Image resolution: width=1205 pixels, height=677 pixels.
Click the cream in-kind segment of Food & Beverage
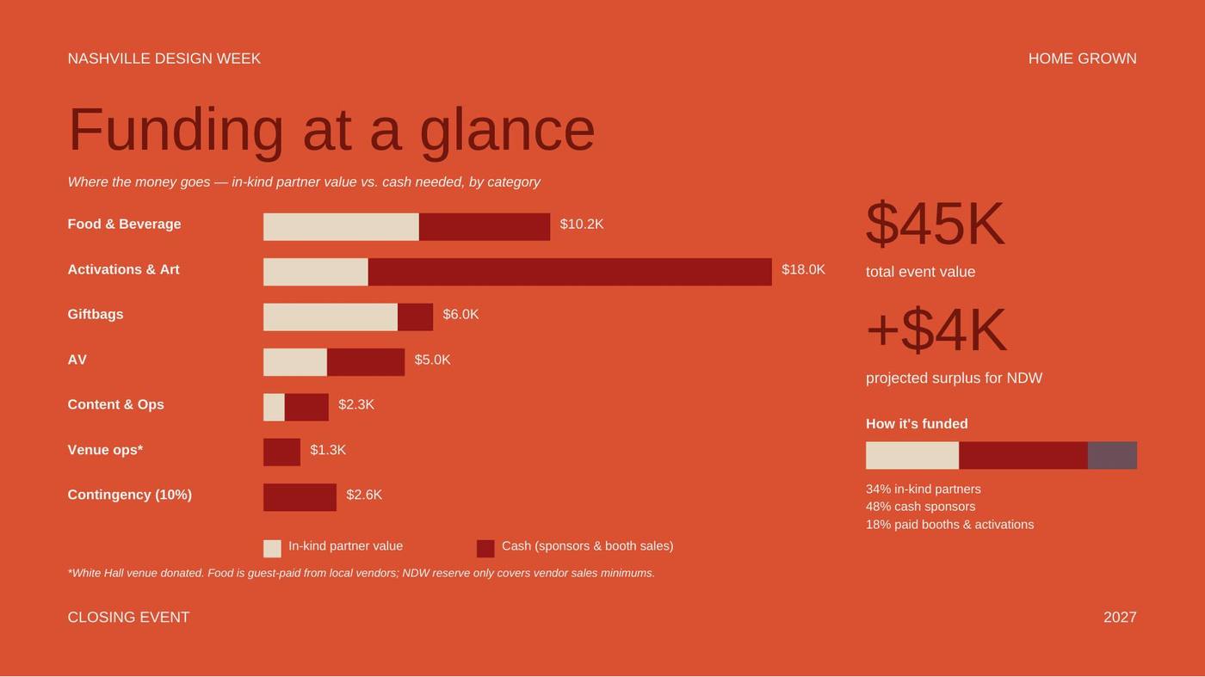click(341, 226)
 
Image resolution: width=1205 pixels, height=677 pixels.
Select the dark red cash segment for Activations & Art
click(570, 272)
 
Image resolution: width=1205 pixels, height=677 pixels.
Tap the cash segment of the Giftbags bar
click(415, 317)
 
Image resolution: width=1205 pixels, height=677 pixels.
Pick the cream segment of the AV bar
click(295, 362)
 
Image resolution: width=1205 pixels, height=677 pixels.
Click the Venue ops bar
click(282, 452)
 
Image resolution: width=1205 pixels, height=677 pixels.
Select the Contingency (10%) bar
click(300, 497)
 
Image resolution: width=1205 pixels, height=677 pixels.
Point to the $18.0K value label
click(803, 269)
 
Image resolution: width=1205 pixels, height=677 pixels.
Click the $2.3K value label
click(356, 404)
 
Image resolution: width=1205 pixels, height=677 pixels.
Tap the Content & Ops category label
click(115, 404)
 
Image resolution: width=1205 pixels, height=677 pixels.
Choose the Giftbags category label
click(96, 315)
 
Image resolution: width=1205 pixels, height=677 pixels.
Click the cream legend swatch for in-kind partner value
click(272, 549)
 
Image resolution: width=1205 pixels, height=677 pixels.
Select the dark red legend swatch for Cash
click(485, 549)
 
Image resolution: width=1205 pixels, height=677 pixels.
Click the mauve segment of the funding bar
click(1112, 455)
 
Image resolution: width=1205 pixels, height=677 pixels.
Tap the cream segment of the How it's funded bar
click(912, 455)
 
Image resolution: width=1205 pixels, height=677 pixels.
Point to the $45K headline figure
click(935, 224)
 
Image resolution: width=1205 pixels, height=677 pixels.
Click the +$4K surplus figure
click(936, 329)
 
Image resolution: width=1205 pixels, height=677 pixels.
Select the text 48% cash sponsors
click(920, 507)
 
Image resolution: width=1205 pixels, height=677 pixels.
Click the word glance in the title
click(507, 132)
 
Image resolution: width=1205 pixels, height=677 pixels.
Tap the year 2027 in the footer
click(1120, 618)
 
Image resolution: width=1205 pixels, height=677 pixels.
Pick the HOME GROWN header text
click(1083, 58)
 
